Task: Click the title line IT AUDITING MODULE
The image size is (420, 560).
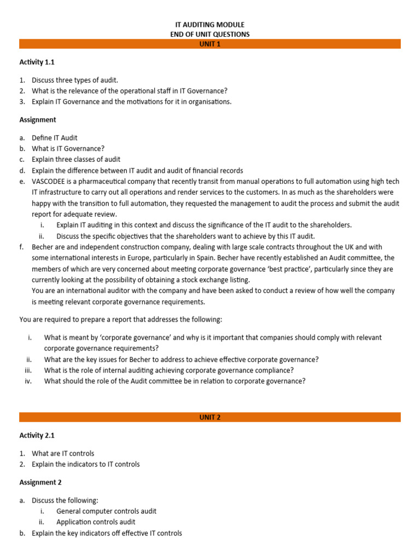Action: (209, 25)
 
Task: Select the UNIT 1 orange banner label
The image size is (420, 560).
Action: (209, 44)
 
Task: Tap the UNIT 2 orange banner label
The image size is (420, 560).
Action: (209, 417)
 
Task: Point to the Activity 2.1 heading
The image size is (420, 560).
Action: (37, 435)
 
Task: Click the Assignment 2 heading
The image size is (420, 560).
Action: (40, 482)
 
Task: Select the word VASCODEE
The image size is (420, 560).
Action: (51, 182)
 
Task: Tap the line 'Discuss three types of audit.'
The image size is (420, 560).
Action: (75, 80)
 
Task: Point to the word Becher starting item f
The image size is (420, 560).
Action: (43, 247)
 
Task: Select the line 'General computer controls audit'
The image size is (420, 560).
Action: (106, 511)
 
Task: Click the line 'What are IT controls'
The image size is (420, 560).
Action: (63, 453)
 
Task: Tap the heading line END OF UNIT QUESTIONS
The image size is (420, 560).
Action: (209, 34)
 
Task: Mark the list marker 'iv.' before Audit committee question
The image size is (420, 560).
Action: (28, 381)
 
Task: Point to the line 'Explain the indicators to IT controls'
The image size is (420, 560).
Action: (86, 464)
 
